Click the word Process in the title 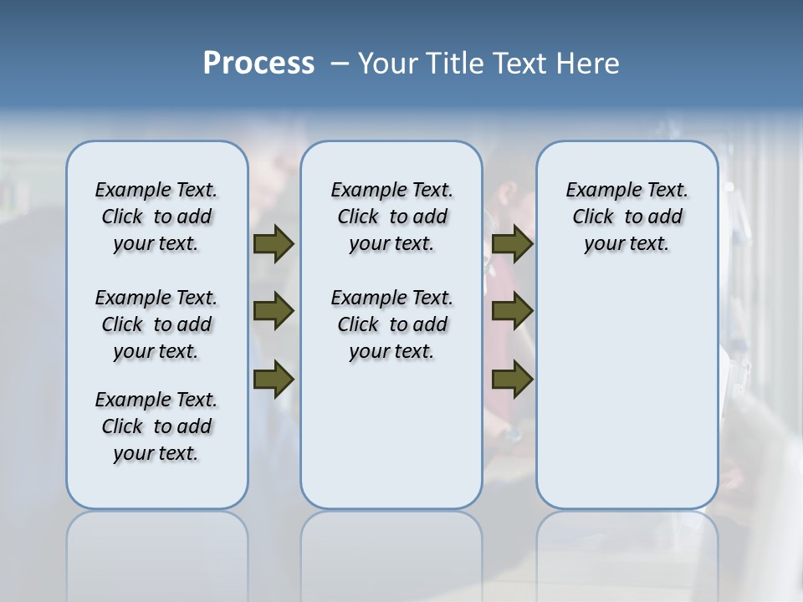click(x=258, y=64)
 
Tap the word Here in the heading click(x=588, y=64)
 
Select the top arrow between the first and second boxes click(x=274, y=244)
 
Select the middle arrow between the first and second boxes click(x=274, y=312)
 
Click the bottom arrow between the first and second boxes click(x=274, y=380)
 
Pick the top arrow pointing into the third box click(x=512, y=244)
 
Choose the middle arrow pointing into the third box click(x=512, y=312)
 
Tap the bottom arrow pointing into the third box click(x=512, y=380)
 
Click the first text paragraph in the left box click(x=156, y=217)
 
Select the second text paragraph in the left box click(x=156, y=324)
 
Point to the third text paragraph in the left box click(x=156, y=426)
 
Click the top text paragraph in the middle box click(x=391, y=217)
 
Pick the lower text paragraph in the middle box click(x=391, y=324)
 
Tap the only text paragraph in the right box click(x=627, y=217)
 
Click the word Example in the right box click(x=596, y=191)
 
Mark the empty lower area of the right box click(x=627, y=393)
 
